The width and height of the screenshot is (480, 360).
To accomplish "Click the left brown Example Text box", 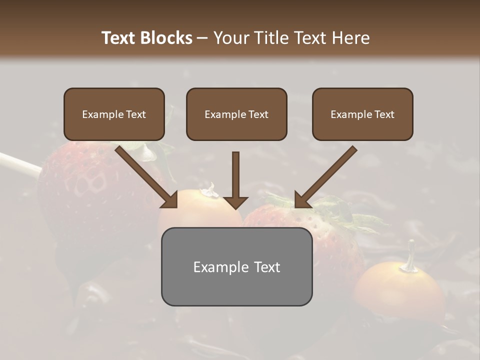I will point(114,114).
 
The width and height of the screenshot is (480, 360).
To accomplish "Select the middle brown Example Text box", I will point(236,114).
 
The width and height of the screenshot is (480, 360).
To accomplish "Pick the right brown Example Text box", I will point(362,114).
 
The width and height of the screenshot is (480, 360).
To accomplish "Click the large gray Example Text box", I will point(236,266).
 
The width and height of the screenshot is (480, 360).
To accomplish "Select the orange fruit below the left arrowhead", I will point(200,210).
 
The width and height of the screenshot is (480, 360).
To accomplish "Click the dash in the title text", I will point(203,38).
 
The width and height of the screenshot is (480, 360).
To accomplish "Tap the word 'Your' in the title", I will point(231,38).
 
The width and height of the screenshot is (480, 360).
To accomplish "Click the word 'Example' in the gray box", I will point(216,267).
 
